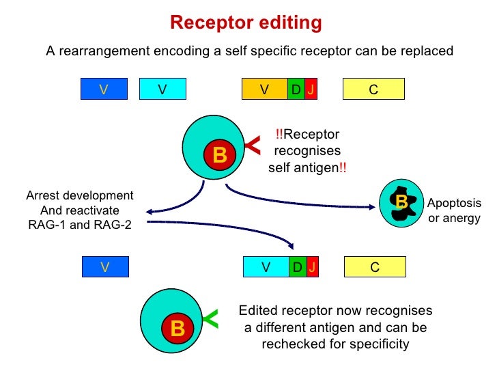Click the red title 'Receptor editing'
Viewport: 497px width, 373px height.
coord(246,23)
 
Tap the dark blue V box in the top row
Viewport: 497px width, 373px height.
coord(104,89)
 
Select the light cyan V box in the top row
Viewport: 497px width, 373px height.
coord(162,89)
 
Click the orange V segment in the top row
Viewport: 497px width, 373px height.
coord(265,89)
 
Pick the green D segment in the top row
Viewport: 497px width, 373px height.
coord(296,89)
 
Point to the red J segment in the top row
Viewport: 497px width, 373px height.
coord(311,89)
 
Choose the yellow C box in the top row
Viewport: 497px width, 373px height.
coord(373,89)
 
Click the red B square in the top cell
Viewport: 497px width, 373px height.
coord(219,156)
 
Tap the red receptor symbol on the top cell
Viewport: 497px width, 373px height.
coord(253,144)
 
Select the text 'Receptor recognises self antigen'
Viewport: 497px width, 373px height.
coord(307,151)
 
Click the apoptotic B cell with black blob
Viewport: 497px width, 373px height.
coord(401,202)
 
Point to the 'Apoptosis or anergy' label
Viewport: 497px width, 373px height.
coord(454,211)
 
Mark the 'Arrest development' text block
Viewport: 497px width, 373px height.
coord(80,210)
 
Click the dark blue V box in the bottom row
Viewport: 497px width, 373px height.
coord(104,267)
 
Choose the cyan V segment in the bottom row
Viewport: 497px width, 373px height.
coord(266,267)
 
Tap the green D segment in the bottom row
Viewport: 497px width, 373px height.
coord(297,267)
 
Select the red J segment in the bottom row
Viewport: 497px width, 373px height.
coord(312,267)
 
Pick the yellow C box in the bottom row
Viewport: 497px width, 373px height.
coord(374,267)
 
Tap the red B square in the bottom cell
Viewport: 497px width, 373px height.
coord(177,329)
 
